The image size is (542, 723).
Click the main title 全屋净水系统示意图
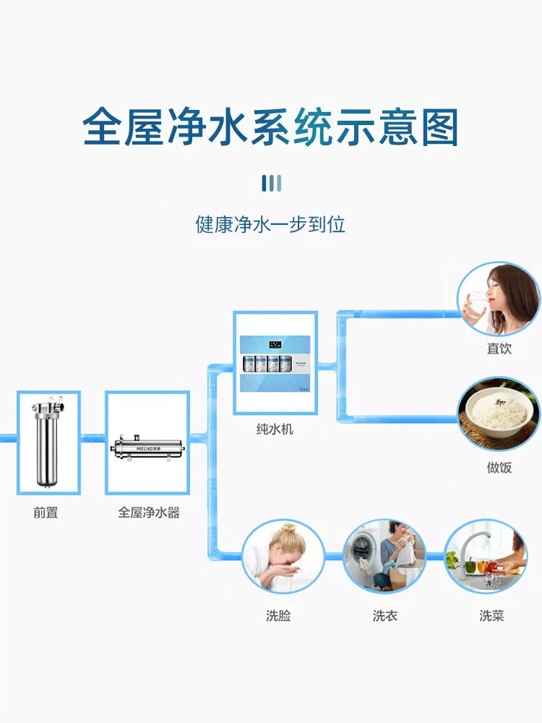click(271, 128)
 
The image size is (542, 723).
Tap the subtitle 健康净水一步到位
click(271, 223)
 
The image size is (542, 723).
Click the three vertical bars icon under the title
click(271, 183)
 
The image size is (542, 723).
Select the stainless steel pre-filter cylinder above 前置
click(48, 442)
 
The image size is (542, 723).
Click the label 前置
click(46, 513)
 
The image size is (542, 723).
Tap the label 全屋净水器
click(149, 513)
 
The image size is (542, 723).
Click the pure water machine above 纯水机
click(275, 361)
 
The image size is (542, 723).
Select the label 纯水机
click(275, 429)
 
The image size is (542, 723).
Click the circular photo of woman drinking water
click(499, 299)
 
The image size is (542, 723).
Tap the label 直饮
click(499, 348)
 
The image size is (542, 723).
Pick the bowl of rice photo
click(499, 413)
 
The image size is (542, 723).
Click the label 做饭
click(499, 468)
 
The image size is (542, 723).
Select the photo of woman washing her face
click(278, 557)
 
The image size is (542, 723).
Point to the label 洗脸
click(278, 616)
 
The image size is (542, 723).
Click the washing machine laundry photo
click(384, 557)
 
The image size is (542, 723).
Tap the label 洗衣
click(384, 616)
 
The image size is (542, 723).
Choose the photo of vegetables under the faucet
click(485, 557)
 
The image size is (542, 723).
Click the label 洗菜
click(491, 616)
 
